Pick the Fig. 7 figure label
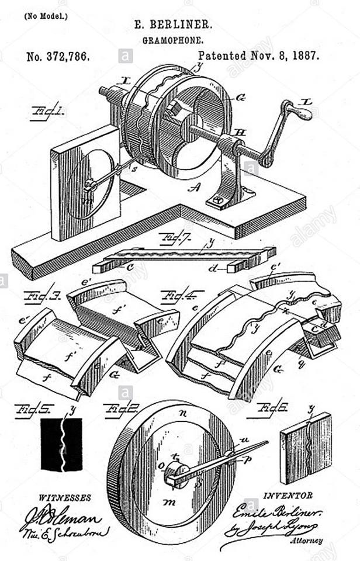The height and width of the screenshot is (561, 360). coord(172,238)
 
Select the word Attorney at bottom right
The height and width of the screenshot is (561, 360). coord(306,541)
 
